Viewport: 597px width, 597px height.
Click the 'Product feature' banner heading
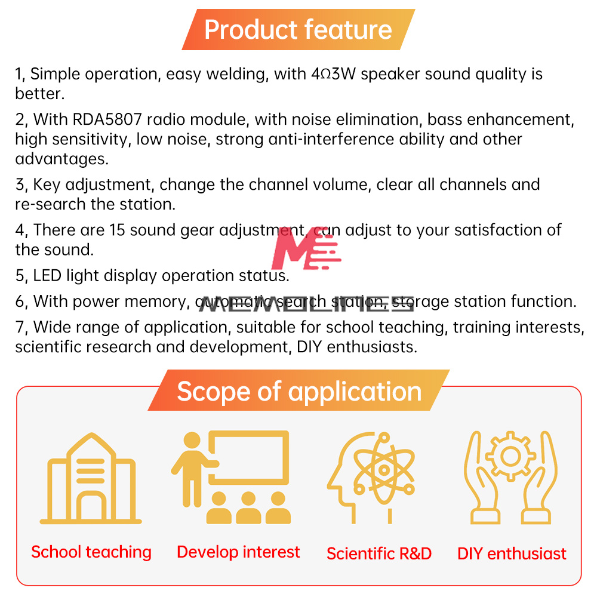298,30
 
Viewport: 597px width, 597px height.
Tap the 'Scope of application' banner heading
299,392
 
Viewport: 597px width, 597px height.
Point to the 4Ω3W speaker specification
333,74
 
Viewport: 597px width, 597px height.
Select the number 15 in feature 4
117,230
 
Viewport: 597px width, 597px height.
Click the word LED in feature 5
47,275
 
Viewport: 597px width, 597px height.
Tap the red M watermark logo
306,248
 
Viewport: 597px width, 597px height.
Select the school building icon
91,478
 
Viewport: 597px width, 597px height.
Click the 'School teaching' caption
91,552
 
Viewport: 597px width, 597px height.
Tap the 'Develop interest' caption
238,552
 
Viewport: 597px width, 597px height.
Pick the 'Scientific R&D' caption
379,553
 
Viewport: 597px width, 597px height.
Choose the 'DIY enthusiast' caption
512,553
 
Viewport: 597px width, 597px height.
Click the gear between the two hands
510,456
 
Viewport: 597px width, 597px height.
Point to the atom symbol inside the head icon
384,469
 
